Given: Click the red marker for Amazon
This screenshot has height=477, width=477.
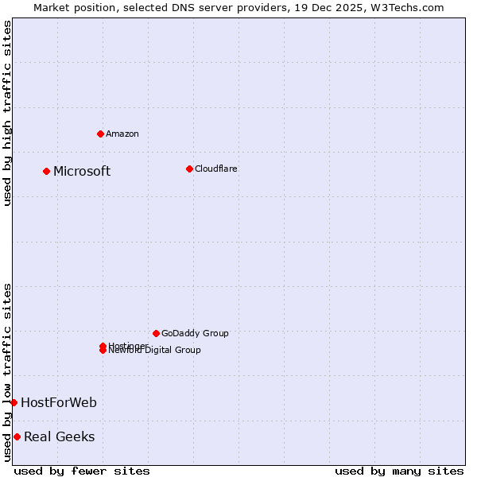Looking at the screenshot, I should point(100,134).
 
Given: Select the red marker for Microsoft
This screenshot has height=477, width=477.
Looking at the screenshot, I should point(46,171).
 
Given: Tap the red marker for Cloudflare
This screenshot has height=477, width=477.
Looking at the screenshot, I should point(189,169).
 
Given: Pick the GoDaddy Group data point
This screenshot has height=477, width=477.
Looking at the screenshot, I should point(156,333).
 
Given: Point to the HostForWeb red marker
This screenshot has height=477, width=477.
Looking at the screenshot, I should point(14,402).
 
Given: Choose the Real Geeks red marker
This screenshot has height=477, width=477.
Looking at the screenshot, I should point(17,436).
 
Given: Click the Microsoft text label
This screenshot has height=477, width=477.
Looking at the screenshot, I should point(82,172).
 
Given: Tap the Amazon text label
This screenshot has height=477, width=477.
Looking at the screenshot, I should point(122,134).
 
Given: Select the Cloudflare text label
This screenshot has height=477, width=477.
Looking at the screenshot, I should point(215,169).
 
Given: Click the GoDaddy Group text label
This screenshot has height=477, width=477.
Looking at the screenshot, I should point(195,333).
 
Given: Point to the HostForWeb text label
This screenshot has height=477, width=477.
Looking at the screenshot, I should point(59,403).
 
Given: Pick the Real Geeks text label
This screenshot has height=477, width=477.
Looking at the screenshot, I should point(59,437).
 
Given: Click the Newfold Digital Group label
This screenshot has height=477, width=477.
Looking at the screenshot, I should point(156,351).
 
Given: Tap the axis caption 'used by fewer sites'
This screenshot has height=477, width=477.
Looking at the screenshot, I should point(82,471).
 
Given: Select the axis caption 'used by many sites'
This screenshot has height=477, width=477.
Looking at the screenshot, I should point(399,471).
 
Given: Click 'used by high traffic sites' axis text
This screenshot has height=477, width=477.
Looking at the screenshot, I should point(7,113).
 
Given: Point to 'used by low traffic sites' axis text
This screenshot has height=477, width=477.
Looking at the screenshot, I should point(7,372).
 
